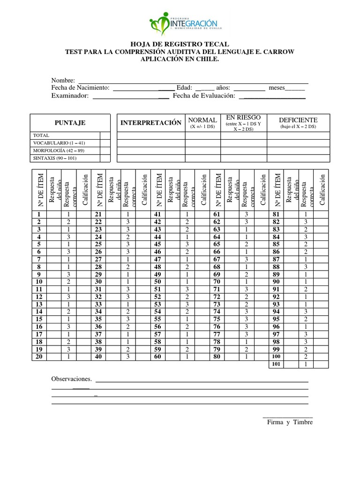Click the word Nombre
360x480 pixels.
tap(63, 80)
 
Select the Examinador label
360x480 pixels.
tap(70, 96)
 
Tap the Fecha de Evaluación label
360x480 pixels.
tap(204, 96)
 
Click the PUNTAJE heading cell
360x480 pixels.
tap(70, 123)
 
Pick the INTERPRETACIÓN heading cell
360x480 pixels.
tap(151, 123)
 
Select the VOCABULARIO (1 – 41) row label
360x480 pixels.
tap(59, 142)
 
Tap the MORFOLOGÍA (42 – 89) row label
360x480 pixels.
tap(59, 150)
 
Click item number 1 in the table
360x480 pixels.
tap(39, 214)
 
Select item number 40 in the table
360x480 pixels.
tap(98, 357)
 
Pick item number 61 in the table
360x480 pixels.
tap(217, 214)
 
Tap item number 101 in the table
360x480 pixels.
tap(276, 364)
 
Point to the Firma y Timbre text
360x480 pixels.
tap(290, 422)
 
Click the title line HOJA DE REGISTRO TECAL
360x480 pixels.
tap(180, 44)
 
